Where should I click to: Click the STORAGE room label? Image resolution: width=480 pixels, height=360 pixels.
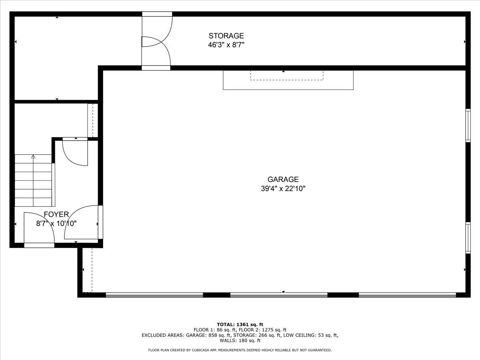click(x=226, y=36)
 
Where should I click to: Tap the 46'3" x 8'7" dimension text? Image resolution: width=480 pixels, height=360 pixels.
click(x=226, y=45)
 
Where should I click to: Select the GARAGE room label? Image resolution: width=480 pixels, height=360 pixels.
click(x=283, y=180)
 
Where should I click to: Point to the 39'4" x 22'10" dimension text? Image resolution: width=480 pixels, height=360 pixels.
click(x=283, y=189)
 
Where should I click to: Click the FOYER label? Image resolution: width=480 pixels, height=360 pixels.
click(x=56, y=214)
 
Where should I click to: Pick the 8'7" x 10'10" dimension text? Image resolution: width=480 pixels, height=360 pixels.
click(x=56, y=224)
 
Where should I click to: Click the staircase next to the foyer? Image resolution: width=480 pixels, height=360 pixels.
click(x=34, y=180)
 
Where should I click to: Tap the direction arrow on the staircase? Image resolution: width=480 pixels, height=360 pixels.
click(x=33, y=157)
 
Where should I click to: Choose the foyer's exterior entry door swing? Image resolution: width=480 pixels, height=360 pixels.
click(x=38, y=228)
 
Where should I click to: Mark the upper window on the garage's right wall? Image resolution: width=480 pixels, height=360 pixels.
click(x=467, y=125)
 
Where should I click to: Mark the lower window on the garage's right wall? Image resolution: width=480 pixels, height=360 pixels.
click(x=467, y=238)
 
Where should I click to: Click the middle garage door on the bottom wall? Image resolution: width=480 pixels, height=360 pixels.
click(x=279, y=295)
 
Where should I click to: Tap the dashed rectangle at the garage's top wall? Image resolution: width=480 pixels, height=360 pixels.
click(x=286, y=76)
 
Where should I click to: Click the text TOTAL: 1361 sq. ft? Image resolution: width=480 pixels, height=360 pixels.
click(x=240, y=324)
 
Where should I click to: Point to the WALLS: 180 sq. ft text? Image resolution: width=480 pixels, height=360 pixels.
click(x=240, y=341)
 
